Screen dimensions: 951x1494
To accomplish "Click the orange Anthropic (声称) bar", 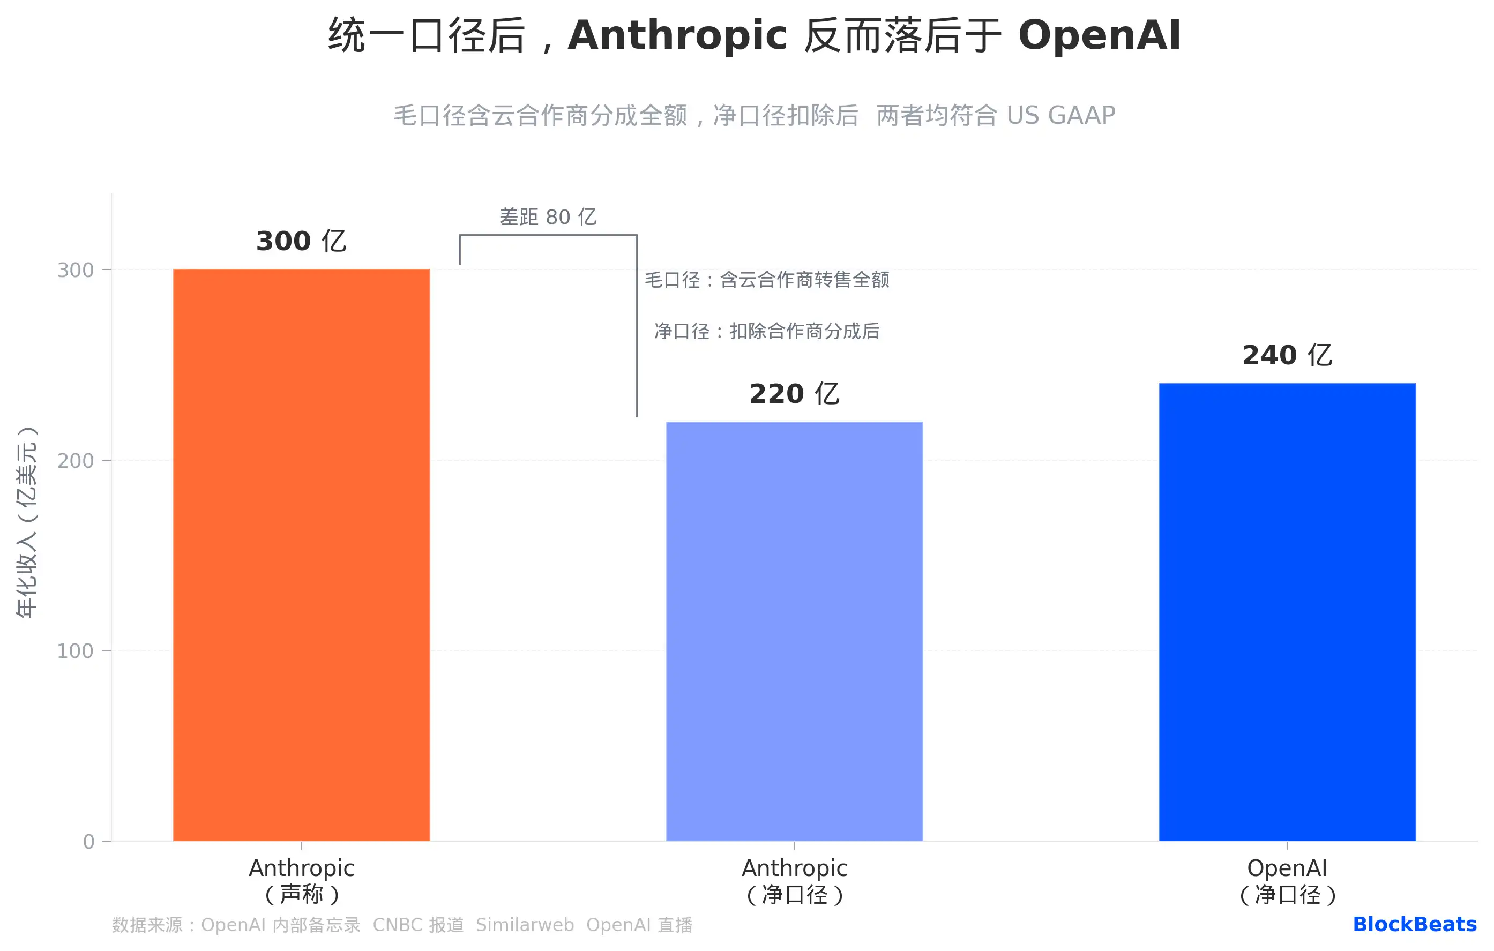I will [x=301, y=555].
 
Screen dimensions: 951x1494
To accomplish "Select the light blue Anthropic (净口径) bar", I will [x=794, y=631].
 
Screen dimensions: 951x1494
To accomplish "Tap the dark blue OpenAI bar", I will [x=1287, y=612].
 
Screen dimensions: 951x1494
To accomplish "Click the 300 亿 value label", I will [x=301, y=241].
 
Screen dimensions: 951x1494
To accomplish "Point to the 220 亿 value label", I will [x=794, y=394].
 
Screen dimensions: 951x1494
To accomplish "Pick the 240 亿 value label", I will [x=1287, y=355].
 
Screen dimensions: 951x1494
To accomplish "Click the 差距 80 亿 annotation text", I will [x=548, y=217].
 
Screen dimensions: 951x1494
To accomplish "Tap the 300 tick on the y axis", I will [x=75, y=270].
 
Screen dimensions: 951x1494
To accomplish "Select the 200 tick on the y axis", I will [x=75, y=460].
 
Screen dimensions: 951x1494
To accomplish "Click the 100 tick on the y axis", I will [x=75, y=651].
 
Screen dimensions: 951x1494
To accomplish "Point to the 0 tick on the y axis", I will [x=89, y=841].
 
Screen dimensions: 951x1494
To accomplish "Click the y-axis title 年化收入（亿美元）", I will [x=27, y=522].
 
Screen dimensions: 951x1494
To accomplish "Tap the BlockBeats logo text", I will [x=1414, y=924].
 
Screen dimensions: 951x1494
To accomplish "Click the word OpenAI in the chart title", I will [x=1100, y=35].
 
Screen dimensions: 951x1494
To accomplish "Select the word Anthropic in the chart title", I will [x=677, y=35].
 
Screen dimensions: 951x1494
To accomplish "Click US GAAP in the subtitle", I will [x=1061, y=115].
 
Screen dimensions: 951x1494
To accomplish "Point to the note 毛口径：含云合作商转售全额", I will [x=767, y=280].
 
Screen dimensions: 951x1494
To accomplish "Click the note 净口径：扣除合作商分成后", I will [x=767, y=331].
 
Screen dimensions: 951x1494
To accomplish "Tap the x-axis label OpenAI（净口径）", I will [x=1287, y=881].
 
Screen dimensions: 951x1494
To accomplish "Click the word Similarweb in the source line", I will [x=525, y=925].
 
